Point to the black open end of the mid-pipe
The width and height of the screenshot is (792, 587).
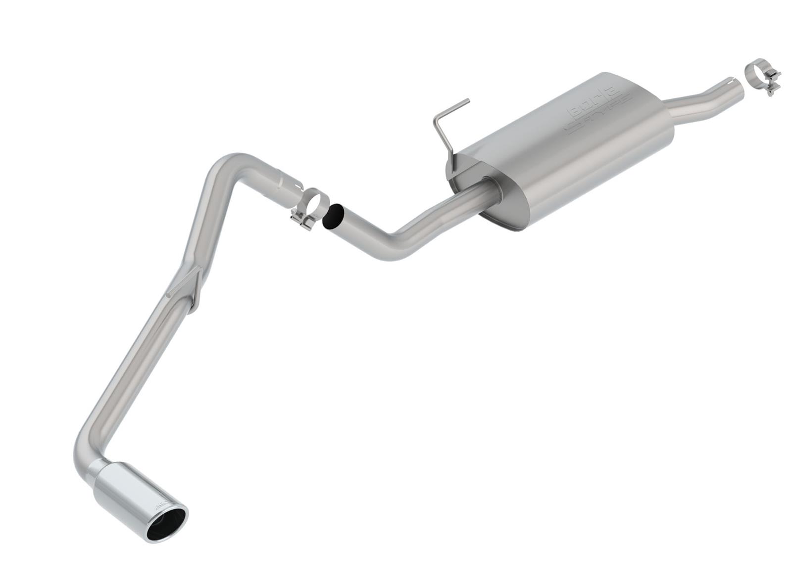[334, 218]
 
